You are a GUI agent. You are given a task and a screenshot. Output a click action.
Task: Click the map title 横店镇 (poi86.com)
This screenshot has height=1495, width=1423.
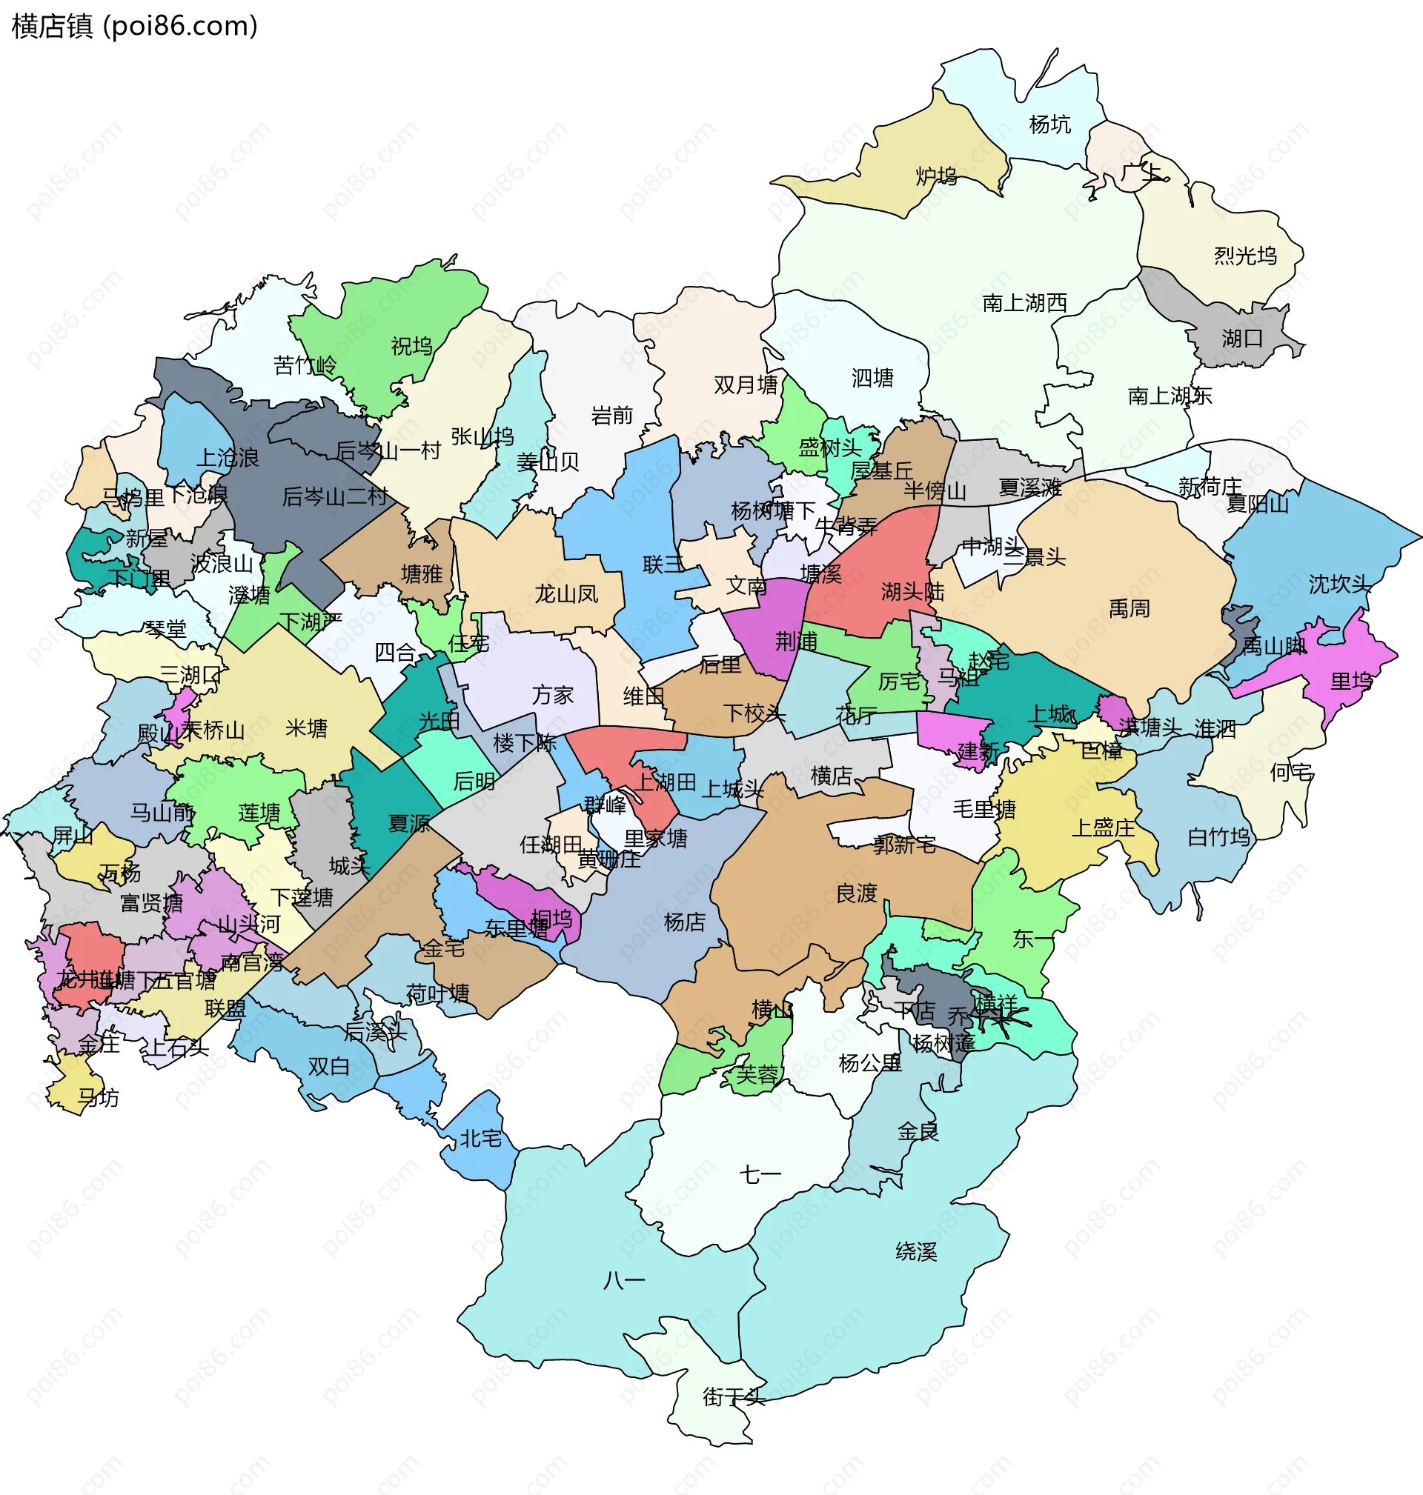coord(135,26)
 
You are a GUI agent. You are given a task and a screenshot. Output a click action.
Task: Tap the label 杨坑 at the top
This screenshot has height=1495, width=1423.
coord(1049,124)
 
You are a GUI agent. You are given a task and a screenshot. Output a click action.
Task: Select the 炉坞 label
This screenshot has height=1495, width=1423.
coord(936,176)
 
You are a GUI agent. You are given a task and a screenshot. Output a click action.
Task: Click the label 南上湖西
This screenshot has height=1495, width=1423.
coord(1024,303)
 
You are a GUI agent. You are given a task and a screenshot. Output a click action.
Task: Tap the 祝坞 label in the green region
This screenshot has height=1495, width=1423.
coord(411,347)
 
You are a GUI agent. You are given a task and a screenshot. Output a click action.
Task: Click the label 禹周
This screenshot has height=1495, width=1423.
coord(1129,609)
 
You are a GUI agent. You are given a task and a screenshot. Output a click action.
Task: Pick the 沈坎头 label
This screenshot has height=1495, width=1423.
coord(1339,584)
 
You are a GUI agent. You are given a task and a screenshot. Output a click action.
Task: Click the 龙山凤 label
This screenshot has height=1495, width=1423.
coord(565,593)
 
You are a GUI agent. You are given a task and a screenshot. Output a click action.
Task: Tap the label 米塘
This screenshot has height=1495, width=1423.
coord(306,728)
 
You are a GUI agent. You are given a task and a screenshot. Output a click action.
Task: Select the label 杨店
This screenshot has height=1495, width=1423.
coord(684,922)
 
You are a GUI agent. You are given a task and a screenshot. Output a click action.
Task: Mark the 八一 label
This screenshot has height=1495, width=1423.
coord(623,1281)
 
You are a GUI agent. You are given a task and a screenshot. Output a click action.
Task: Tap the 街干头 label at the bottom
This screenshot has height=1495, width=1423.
coord(734,1396)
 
